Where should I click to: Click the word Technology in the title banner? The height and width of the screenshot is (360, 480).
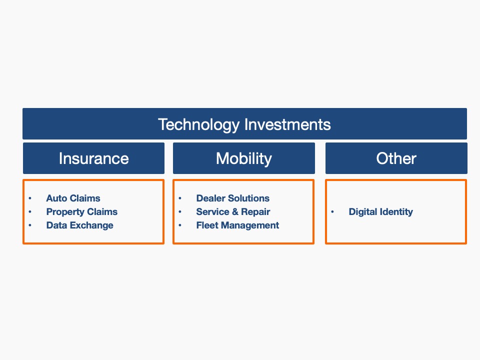(x=198, y=125)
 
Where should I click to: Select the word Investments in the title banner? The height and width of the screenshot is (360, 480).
(x=287, y=124)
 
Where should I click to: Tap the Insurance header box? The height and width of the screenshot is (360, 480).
(x=93, y=158)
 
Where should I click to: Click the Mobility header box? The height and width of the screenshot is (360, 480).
(x=244, y=158)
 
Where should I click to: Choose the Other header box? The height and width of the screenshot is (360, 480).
(x=396, y=158)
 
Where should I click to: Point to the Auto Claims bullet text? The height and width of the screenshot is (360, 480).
(x=73, y=198)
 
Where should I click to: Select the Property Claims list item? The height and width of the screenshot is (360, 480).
(x=81, y=212)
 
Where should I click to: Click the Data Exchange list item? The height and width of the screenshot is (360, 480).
(x=79, y=225)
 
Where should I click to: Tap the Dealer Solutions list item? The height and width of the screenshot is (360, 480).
(x=232, y=198)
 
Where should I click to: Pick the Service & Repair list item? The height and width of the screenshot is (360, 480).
(x=233, y=212)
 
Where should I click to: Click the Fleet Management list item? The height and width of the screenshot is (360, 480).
(x=237, y=225)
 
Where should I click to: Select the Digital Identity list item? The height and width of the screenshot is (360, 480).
(x=381, y=212)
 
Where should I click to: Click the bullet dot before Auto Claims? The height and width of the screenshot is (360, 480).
(x=29, y=198)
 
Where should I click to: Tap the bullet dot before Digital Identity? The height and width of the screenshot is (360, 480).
(x=332, y=211)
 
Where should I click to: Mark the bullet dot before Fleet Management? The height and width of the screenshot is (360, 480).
(x=180, y=225)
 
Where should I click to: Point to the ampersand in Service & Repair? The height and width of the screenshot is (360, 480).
(x=235, y=211)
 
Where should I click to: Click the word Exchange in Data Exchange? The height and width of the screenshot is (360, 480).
(x=91, y=225)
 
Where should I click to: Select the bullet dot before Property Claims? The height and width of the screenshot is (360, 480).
(x=29, y=212)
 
